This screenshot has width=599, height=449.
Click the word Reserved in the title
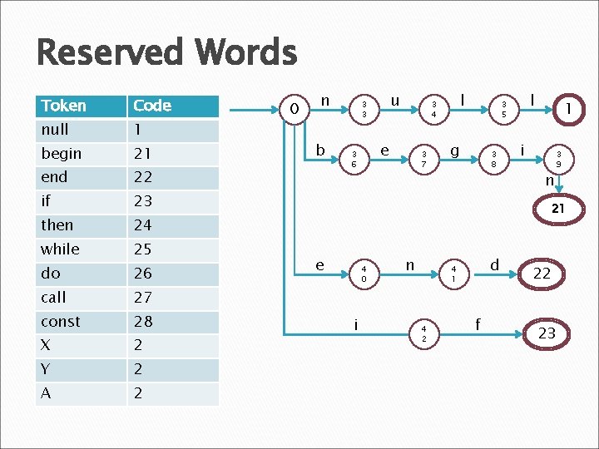(x=107, y=53)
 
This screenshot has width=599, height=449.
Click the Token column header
(x=64, y=106)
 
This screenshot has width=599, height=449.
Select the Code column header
(x=151, y=106)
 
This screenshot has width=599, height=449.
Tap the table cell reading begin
(x=62, y=154)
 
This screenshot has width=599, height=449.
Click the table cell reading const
(x=61, y=322)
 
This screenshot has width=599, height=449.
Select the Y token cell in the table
(x=46, y=369)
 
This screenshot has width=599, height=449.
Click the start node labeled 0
(x=294, y=108)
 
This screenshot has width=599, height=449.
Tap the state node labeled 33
(x=363, y=109)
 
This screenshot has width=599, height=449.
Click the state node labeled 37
(x=423, y=159)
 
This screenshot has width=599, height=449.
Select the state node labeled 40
(x=364, y=274)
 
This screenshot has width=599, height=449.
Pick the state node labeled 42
(x=423, y=333)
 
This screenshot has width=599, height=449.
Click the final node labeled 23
(x=547, y=333)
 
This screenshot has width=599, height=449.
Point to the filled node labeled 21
(x=558, y=210)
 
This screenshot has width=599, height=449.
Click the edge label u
(x=396, y=101)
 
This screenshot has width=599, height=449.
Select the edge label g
(x=454, y=150)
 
